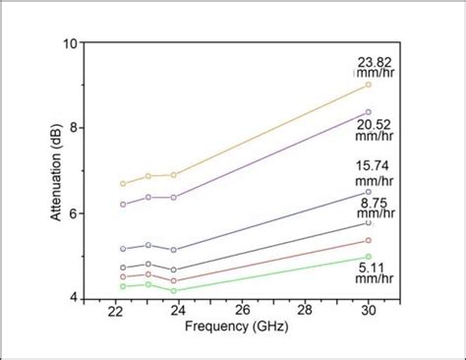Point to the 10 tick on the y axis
(70, 43)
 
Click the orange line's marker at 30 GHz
(368, 85)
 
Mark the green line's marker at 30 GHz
(368, 257)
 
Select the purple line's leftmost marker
(123, 205)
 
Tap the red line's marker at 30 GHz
(368, 240)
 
